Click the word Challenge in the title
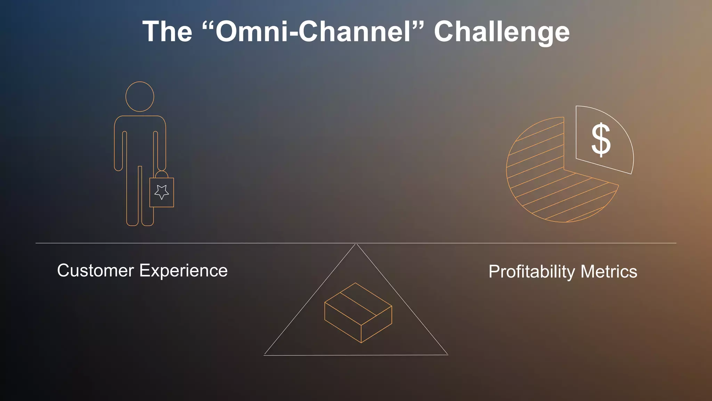tap(502, 32)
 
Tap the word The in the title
tap(167, 32)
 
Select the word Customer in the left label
tap(96, 270)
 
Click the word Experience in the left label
tap(184, 271)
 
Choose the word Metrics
tap(609, 272)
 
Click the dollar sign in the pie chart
tap(601, 140)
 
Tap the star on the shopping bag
tap(162, 192)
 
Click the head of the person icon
tap(140, 96)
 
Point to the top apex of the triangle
tap(356, 245)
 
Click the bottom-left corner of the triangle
tap(265, 355)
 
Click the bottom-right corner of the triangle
tap(447, 355)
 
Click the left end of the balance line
tap(37, 243)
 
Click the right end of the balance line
tap(675, 243)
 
